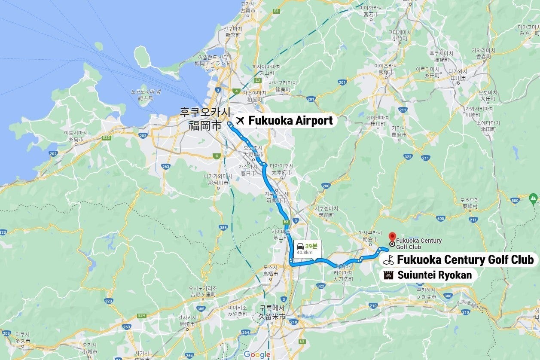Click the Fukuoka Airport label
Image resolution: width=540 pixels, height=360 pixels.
click(290, 121)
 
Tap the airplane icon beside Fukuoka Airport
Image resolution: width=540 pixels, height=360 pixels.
click(240, 121)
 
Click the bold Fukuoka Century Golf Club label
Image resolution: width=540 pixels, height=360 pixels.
click(465, 259)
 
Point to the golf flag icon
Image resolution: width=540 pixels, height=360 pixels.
click(389, 260)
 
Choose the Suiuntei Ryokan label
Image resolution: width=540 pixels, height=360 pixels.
click(434, 275)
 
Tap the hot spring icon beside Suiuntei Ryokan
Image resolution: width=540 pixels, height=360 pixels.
click(389, 275)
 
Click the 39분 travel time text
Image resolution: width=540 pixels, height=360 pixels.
click(311, 246)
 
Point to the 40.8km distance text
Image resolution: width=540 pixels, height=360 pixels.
click(305, 253)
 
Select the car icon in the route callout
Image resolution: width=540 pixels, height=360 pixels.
click(300, 246)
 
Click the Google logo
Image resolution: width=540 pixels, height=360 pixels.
click(256, 354)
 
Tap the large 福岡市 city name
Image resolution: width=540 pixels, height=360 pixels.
click(205, 126)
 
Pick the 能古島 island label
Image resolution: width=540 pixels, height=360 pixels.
click(146, 98)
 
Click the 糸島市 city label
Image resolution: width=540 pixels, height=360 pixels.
click(75, 139)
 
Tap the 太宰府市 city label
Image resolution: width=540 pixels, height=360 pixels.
click(284, 173)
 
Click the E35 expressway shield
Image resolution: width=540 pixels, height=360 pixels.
click(107, 137)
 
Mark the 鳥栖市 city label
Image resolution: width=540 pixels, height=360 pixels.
click(271, 274)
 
